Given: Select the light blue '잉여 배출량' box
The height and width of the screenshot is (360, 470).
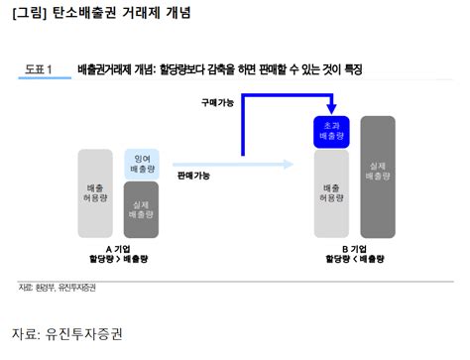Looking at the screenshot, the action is click(x=140, y=165).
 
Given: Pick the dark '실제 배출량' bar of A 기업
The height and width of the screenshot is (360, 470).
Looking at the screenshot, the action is click(x=140, y=207).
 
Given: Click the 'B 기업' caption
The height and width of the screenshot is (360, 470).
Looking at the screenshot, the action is click(x=354, y=249).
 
